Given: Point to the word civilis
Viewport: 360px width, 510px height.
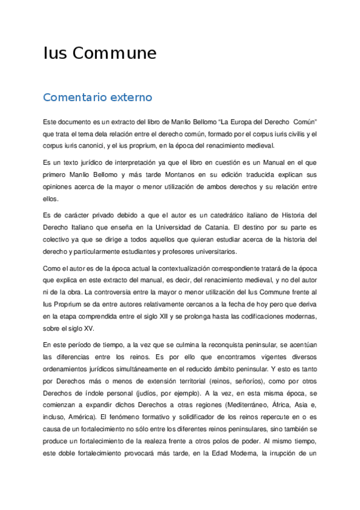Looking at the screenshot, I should coord(295,134).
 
